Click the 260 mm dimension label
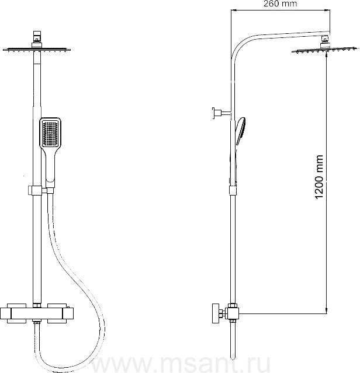pyautogui.click(x=281, y=4)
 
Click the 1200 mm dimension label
pyautogui.click(x=319, y=177)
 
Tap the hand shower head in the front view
pyautogui.click(x=50, y=133)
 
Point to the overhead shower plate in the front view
pyautogui.click(x=37, y=50)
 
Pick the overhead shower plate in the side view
pyautogui.click(x=325, y=50)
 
